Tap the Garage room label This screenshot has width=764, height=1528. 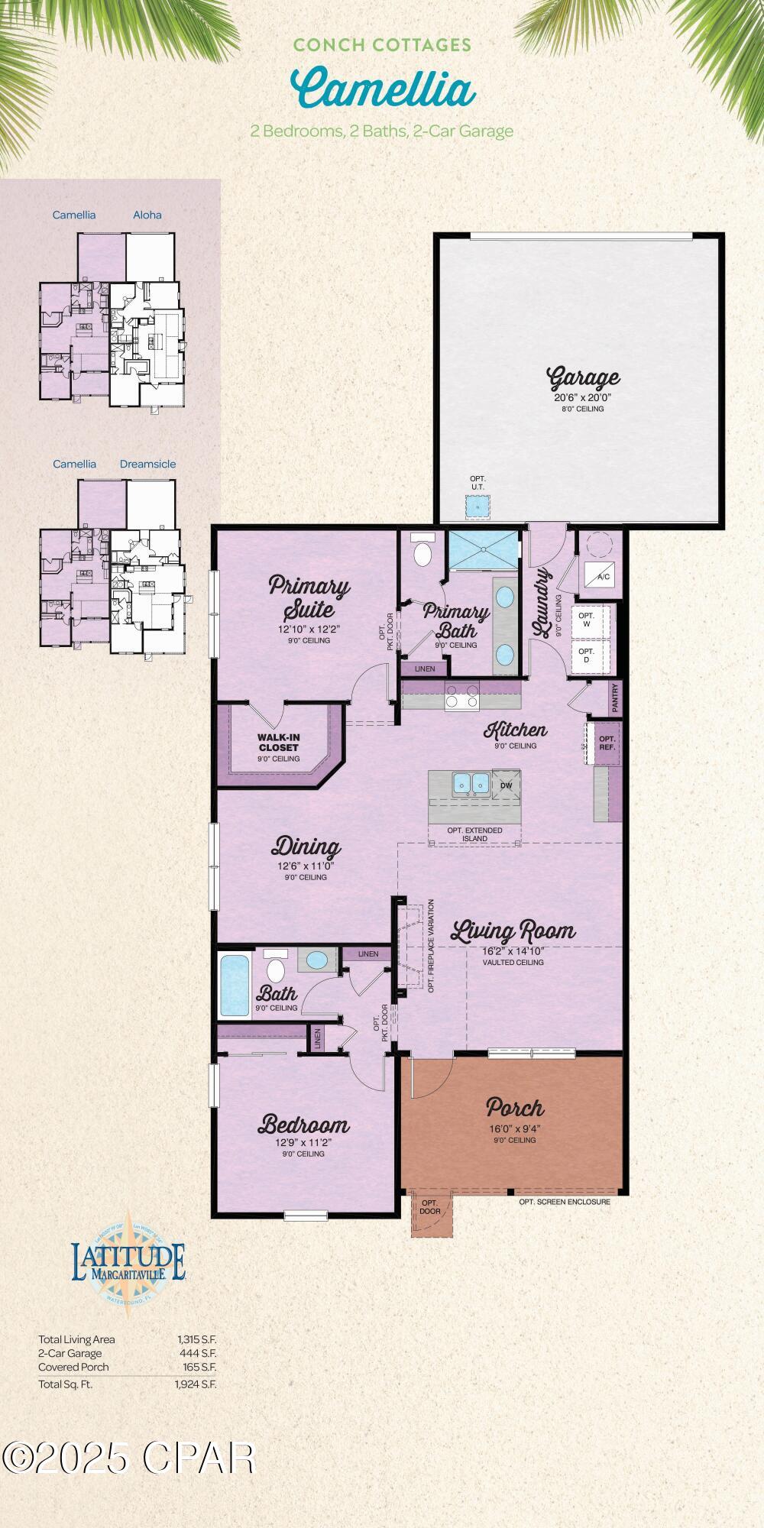tap(583, 377)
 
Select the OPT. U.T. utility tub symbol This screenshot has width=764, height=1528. tap(477, 505)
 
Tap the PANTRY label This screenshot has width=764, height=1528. tap(615, 698)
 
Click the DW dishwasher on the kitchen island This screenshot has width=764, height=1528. tap(506, 785)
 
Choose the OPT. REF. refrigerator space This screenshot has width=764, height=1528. tap(607, 743)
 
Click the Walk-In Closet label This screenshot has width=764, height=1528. tap(278, 742)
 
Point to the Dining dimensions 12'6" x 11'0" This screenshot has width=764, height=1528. tap(306, 866)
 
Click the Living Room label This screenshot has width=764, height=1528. tap(513, 931)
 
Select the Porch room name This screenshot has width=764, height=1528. tap(515, 1107)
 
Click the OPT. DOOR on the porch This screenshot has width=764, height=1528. tap(430, 1208)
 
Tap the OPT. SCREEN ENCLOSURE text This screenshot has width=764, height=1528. tap(565, 1202)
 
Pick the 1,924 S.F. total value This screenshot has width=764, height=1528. tap(196, 1384)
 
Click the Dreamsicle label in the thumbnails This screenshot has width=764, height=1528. tap(147, 464)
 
